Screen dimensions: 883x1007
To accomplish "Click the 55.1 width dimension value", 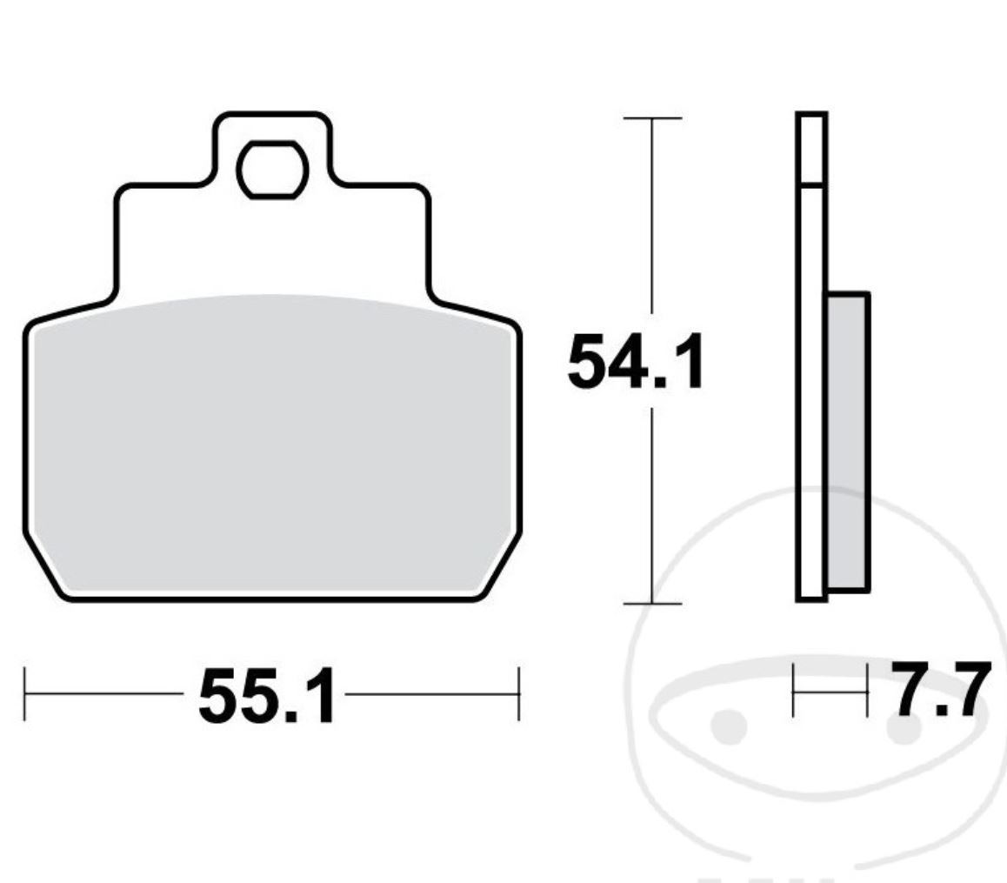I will point(266,696).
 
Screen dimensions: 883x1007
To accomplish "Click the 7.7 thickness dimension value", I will point(939,691).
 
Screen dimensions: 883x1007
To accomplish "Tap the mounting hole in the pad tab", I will point(273,169).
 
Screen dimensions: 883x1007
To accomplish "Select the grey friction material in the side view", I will point(847,441).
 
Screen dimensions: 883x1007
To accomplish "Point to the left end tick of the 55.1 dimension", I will point(25,694).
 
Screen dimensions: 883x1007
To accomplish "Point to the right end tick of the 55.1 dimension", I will point(518,694).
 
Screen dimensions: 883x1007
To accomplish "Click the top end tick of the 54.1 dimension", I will point(652,117).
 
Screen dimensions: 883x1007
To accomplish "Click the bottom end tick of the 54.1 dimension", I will point(652,603).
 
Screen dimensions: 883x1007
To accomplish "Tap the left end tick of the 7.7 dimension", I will point(794,691).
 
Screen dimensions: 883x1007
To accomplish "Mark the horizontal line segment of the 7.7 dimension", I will point(830,691).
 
